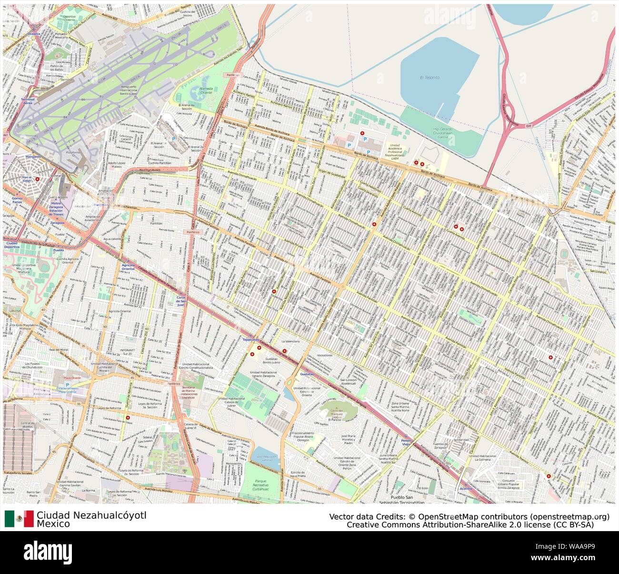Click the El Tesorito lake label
coord(429,77)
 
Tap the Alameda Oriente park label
coord(206,91)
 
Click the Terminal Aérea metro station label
coord(28,101)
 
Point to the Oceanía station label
coord(34,34)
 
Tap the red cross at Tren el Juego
coord(38,179)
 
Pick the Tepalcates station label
coord(251,340)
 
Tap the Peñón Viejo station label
coord(406,443)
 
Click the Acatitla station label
coord(466,489)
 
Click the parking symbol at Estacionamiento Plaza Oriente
coord(67,384)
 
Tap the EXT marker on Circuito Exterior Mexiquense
coord(528,126)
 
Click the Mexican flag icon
coord(19,519)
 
